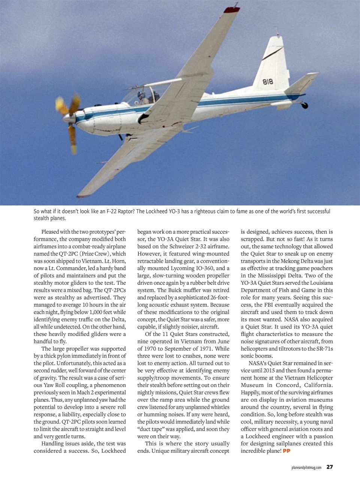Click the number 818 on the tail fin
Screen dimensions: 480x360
click(x=267, y=82)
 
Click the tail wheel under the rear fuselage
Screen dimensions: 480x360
click(x=304, y=106)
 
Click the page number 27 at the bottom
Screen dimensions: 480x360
click(x=329, y=467)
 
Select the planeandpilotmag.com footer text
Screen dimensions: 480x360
click(x=306, y=467)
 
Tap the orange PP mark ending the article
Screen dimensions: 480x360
click(x=287, y=451)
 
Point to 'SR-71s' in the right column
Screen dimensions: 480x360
click(x=324, y=349)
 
